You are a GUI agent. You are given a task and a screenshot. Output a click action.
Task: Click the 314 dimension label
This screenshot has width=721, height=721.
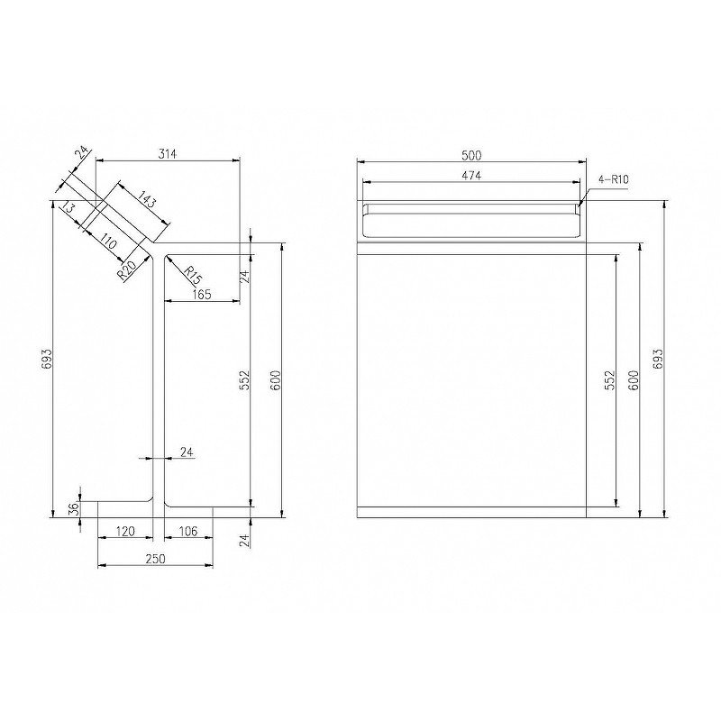click(168, 153)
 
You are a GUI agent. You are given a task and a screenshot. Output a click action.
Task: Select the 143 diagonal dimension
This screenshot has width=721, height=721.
click(147, 202)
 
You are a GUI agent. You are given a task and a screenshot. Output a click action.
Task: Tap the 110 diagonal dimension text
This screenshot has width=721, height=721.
click(107, 241)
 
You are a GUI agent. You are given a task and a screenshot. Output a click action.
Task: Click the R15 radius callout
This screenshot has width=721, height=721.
click(193, 275)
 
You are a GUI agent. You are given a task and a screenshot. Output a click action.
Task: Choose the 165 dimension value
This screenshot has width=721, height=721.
click(201, 295)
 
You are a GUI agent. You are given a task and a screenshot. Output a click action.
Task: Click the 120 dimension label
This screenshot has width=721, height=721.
click(124, 532)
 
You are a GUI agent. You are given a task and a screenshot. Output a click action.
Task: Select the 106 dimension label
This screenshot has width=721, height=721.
click(187, 532)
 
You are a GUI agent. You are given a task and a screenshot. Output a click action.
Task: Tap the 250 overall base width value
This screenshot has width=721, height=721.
click(155, 559)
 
